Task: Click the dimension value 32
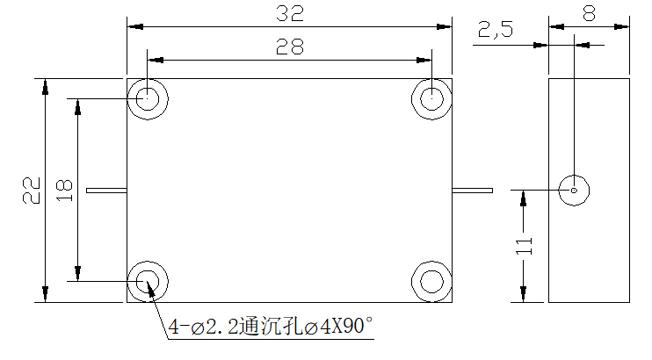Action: (290, 13)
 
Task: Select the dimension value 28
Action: (290, 47)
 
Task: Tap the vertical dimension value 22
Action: (32, 191)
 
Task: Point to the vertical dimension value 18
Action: (64, 191)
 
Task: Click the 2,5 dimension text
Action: (496, 30)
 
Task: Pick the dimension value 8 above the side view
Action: (589, 13)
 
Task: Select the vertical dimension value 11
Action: (524, 246)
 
